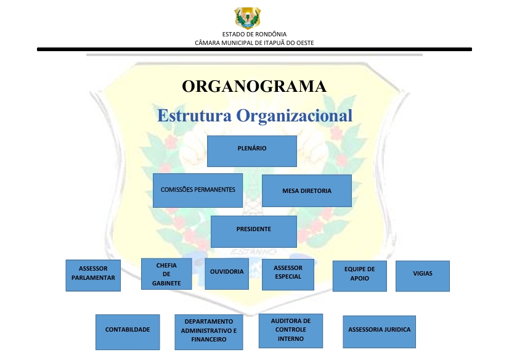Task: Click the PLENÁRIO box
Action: pyautogui.click(x=252, y=151)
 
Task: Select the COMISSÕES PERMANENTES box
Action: pyautogui.click(x=198, y=190)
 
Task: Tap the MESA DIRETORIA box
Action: pyautogui.click(x=307, y=191)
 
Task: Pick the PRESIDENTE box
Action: pyautogui.click(x=254, y=232)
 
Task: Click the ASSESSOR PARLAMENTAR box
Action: pyautogui.click(x=93, y=276)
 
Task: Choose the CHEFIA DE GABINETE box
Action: pyautogui.click(x=166, y=274)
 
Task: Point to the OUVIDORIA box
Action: pyautogui.click(x=227, y=274)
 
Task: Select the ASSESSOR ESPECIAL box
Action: pyautogui.click(x=288, y=275)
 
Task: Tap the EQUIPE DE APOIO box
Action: pyautogui.click(x=360, y=276)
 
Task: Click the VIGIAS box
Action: pyautogui.click(x=423, y=276)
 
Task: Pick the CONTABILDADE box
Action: pyautogui.click(x=128, y=332)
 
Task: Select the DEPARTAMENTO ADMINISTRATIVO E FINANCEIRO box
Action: pyautogui.click(x=209, y=332)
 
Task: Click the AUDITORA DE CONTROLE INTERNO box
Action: pyautogui.click(x=291, y=331)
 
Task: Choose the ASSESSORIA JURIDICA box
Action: pyautogui.click(x=379, y=332)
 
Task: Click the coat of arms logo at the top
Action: pyautogui.click(x=248, y=18)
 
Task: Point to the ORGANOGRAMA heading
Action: pyautogui.click(x=254, y=86)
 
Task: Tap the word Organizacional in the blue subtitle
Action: pyautogui.click(x=295, y=115)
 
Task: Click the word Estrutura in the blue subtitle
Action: pyautogui.click(x=195, y=115)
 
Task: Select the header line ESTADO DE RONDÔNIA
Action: pyautogui.click(x=254, y=34)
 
